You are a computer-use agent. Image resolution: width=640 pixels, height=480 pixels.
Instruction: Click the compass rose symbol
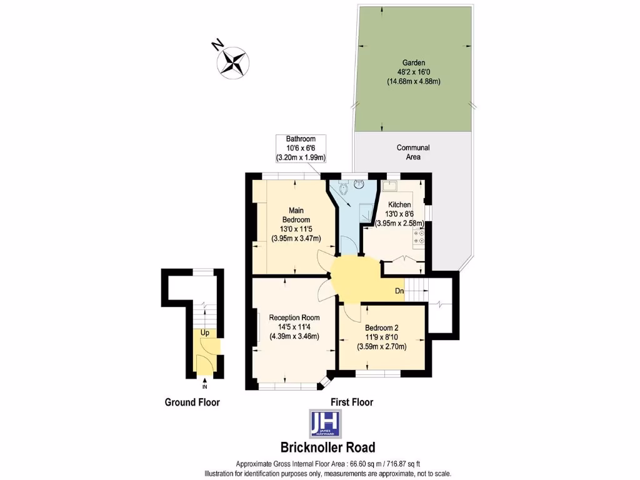[234, 62]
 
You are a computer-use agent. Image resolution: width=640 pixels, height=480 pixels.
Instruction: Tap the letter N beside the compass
[217, 45]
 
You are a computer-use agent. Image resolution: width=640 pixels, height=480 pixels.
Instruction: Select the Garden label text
[414, 63]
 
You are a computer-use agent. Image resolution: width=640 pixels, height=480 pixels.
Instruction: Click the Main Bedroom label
[296, 215]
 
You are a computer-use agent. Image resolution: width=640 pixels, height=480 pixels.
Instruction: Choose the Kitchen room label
[399, 204]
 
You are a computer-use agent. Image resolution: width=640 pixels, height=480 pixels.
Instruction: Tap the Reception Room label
[294, 317]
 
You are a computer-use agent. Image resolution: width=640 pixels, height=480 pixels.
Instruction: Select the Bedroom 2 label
[381, 327]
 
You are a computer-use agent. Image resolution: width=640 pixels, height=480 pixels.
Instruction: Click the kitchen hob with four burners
[419, 236]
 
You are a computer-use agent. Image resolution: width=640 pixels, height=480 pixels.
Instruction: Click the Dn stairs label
[400, 291]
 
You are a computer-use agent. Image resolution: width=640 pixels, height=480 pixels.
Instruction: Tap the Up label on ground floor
[204, 332]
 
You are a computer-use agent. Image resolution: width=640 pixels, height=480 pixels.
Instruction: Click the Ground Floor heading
[192, 402]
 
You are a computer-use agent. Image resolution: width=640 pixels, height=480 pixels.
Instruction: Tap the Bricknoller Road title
[327, 447]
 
